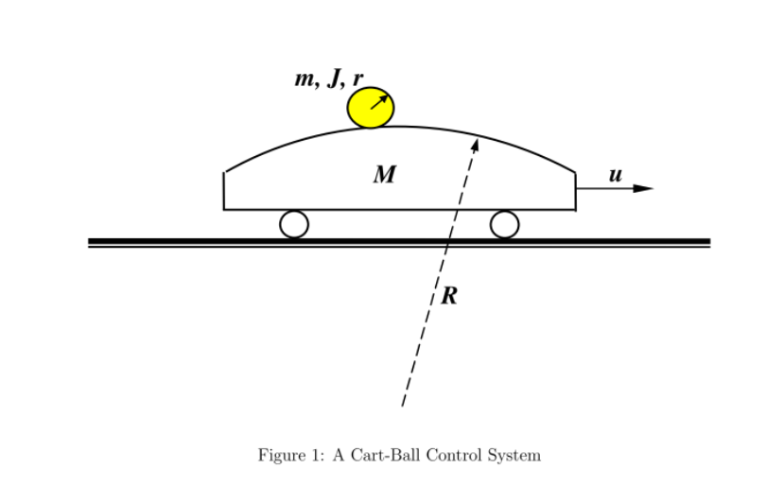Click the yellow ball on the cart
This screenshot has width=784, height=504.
pos(371,108)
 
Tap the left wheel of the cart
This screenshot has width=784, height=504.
pos(294,224)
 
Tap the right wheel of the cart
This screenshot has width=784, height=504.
pos(504,224)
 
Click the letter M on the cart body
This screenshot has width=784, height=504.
pos(384,174)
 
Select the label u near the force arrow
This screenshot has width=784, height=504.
pos(615,175)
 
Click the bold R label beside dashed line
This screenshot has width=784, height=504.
pos(449,296)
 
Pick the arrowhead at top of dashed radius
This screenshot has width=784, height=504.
pos(475,144)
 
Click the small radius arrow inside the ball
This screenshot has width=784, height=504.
pos(379,101)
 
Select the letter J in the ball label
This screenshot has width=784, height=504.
pos(334,78)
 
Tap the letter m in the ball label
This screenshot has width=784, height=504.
pos(305,79)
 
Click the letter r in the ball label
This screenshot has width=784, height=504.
pos(357,79)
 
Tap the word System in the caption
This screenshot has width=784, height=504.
pos(513,456)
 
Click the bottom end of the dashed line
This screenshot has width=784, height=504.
pos(403,406)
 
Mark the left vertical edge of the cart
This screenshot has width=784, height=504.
pos(224,191)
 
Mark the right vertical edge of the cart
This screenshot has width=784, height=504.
pos(575,191)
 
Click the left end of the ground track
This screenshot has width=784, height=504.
pos(91,242)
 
